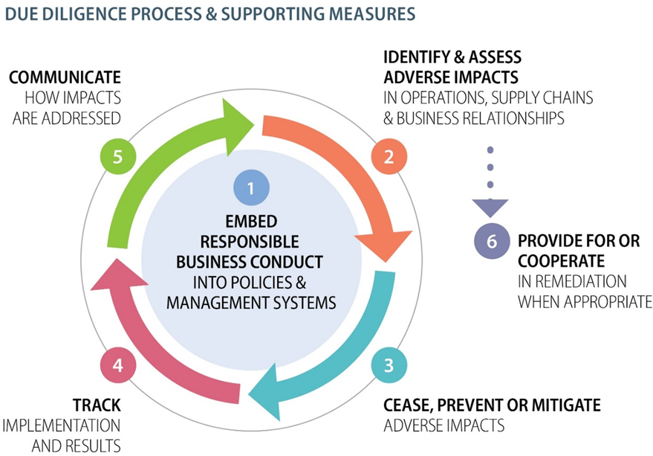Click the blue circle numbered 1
click(250, 188)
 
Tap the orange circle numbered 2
click(388, 158)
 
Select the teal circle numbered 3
click(388, 365)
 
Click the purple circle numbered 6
click(491, 241)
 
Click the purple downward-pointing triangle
click(491, 206)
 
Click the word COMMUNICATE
click(65, 77)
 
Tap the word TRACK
click(98, 405)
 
